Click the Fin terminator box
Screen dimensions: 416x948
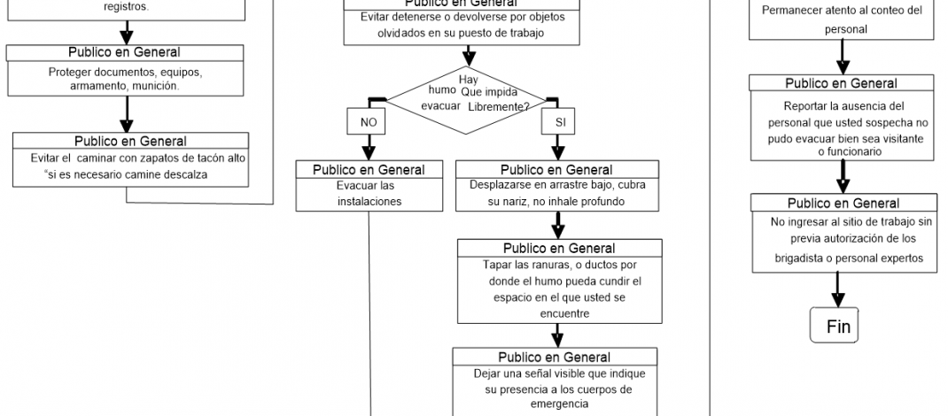837,326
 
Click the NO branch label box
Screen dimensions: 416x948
367,120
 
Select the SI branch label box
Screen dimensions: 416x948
560,120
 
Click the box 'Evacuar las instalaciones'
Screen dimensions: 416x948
369,187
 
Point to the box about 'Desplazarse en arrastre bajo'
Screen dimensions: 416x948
558,187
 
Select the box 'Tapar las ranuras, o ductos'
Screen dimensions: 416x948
558,281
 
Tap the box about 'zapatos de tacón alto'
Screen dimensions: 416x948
130,159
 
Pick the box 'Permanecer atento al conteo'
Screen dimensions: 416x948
842,19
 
